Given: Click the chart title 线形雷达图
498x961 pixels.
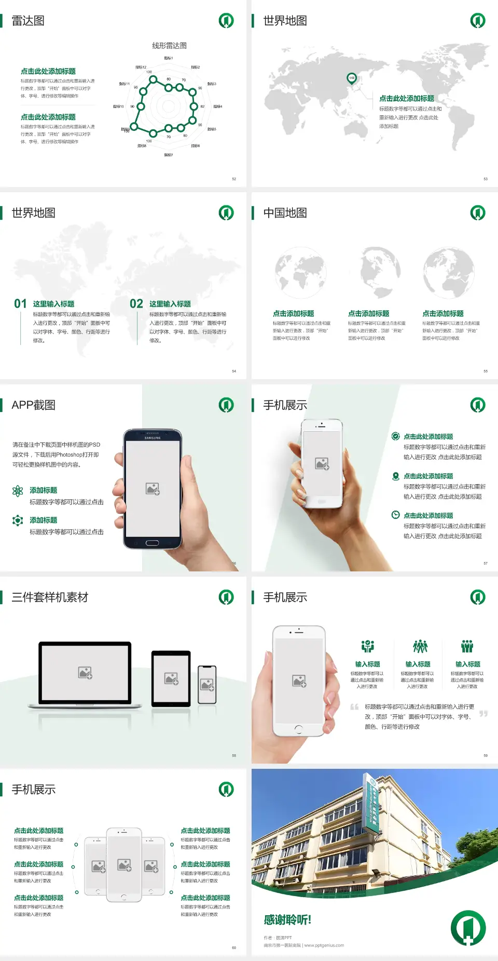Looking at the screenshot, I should tap(169, 46).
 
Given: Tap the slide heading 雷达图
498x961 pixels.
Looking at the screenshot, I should tap(28, 21).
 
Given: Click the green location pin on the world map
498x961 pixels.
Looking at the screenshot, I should tap(352, 78).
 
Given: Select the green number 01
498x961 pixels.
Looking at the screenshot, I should tap(20, 304).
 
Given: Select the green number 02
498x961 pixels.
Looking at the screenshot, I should tap(136, 304).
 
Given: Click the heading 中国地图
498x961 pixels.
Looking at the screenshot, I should tap(285, 213).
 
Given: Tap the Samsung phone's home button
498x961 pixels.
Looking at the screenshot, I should tap(152, 543).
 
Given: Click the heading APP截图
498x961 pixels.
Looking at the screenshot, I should tap(33, 405).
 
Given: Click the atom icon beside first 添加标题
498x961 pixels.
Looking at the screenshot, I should tap(18, 491).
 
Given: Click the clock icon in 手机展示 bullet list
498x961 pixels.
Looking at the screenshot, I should tap(395, 515).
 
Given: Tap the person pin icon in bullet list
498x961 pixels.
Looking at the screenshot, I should tap(395, 476).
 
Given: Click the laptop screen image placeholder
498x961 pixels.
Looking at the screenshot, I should tap(85, 673).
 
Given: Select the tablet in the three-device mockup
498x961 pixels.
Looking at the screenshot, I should tap(171, 678).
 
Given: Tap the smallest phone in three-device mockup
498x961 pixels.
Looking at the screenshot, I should tap(207, 685).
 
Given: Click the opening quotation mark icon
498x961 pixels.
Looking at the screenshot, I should tap(354, 707).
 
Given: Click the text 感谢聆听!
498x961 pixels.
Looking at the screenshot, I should tap(287, 920).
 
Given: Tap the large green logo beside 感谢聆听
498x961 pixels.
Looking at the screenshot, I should tap(468, 928).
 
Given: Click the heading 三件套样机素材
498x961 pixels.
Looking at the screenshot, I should tap(50, 597).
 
